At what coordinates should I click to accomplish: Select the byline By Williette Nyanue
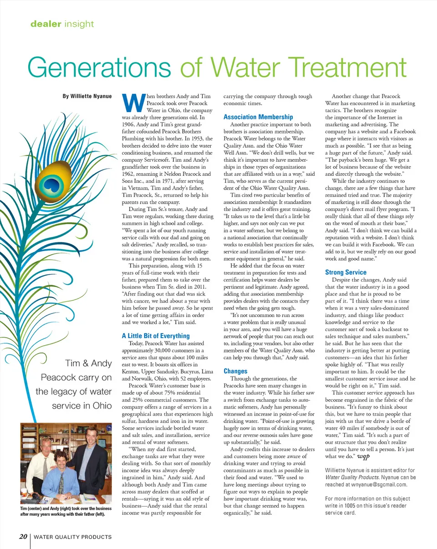point(87,97)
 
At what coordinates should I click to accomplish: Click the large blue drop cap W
point(132,102)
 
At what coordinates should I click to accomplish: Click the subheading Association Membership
point(258,117)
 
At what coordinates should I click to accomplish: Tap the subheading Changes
point(235,371)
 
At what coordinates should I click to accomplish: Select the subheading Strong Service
point(346,272)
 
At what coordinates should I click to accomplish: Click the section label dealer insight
point(61,23)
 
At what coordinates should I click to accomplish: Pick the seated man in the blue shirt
point(61,478)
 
